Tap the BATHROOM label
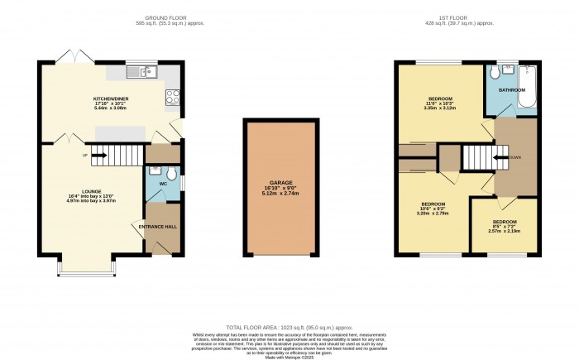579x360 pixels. tap(511, 89)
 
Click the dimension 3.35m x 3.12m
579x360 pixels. tap(438, 108)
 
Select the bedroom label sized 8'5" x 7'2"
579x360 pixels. tap(504, 222)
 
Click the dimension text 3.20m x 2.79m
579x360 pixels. tap(433, 214)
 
